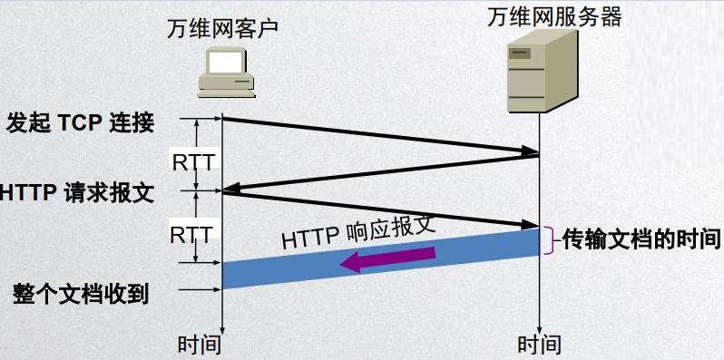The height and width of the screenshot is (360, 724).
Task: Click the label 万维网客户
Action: click(222, 27)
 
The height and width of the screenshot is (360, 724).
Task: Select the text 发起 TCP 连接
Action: click(79, 122)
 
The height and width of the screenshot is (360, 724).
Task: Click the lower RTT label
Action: click(191, 235)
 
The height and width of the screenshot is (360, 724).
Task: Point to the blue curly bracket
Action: click(547, 240)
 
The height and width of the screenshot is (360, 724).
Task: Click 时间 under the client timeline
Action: click(199, 345)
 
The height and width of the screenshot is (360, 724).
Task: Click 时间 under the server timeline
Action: click(539, 345)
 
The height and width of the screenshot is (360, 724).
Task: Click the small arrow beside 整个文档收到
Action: click(203, 290)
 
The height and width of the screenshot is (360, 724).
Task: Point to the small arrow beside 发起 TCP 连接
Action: click(203, 119)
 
